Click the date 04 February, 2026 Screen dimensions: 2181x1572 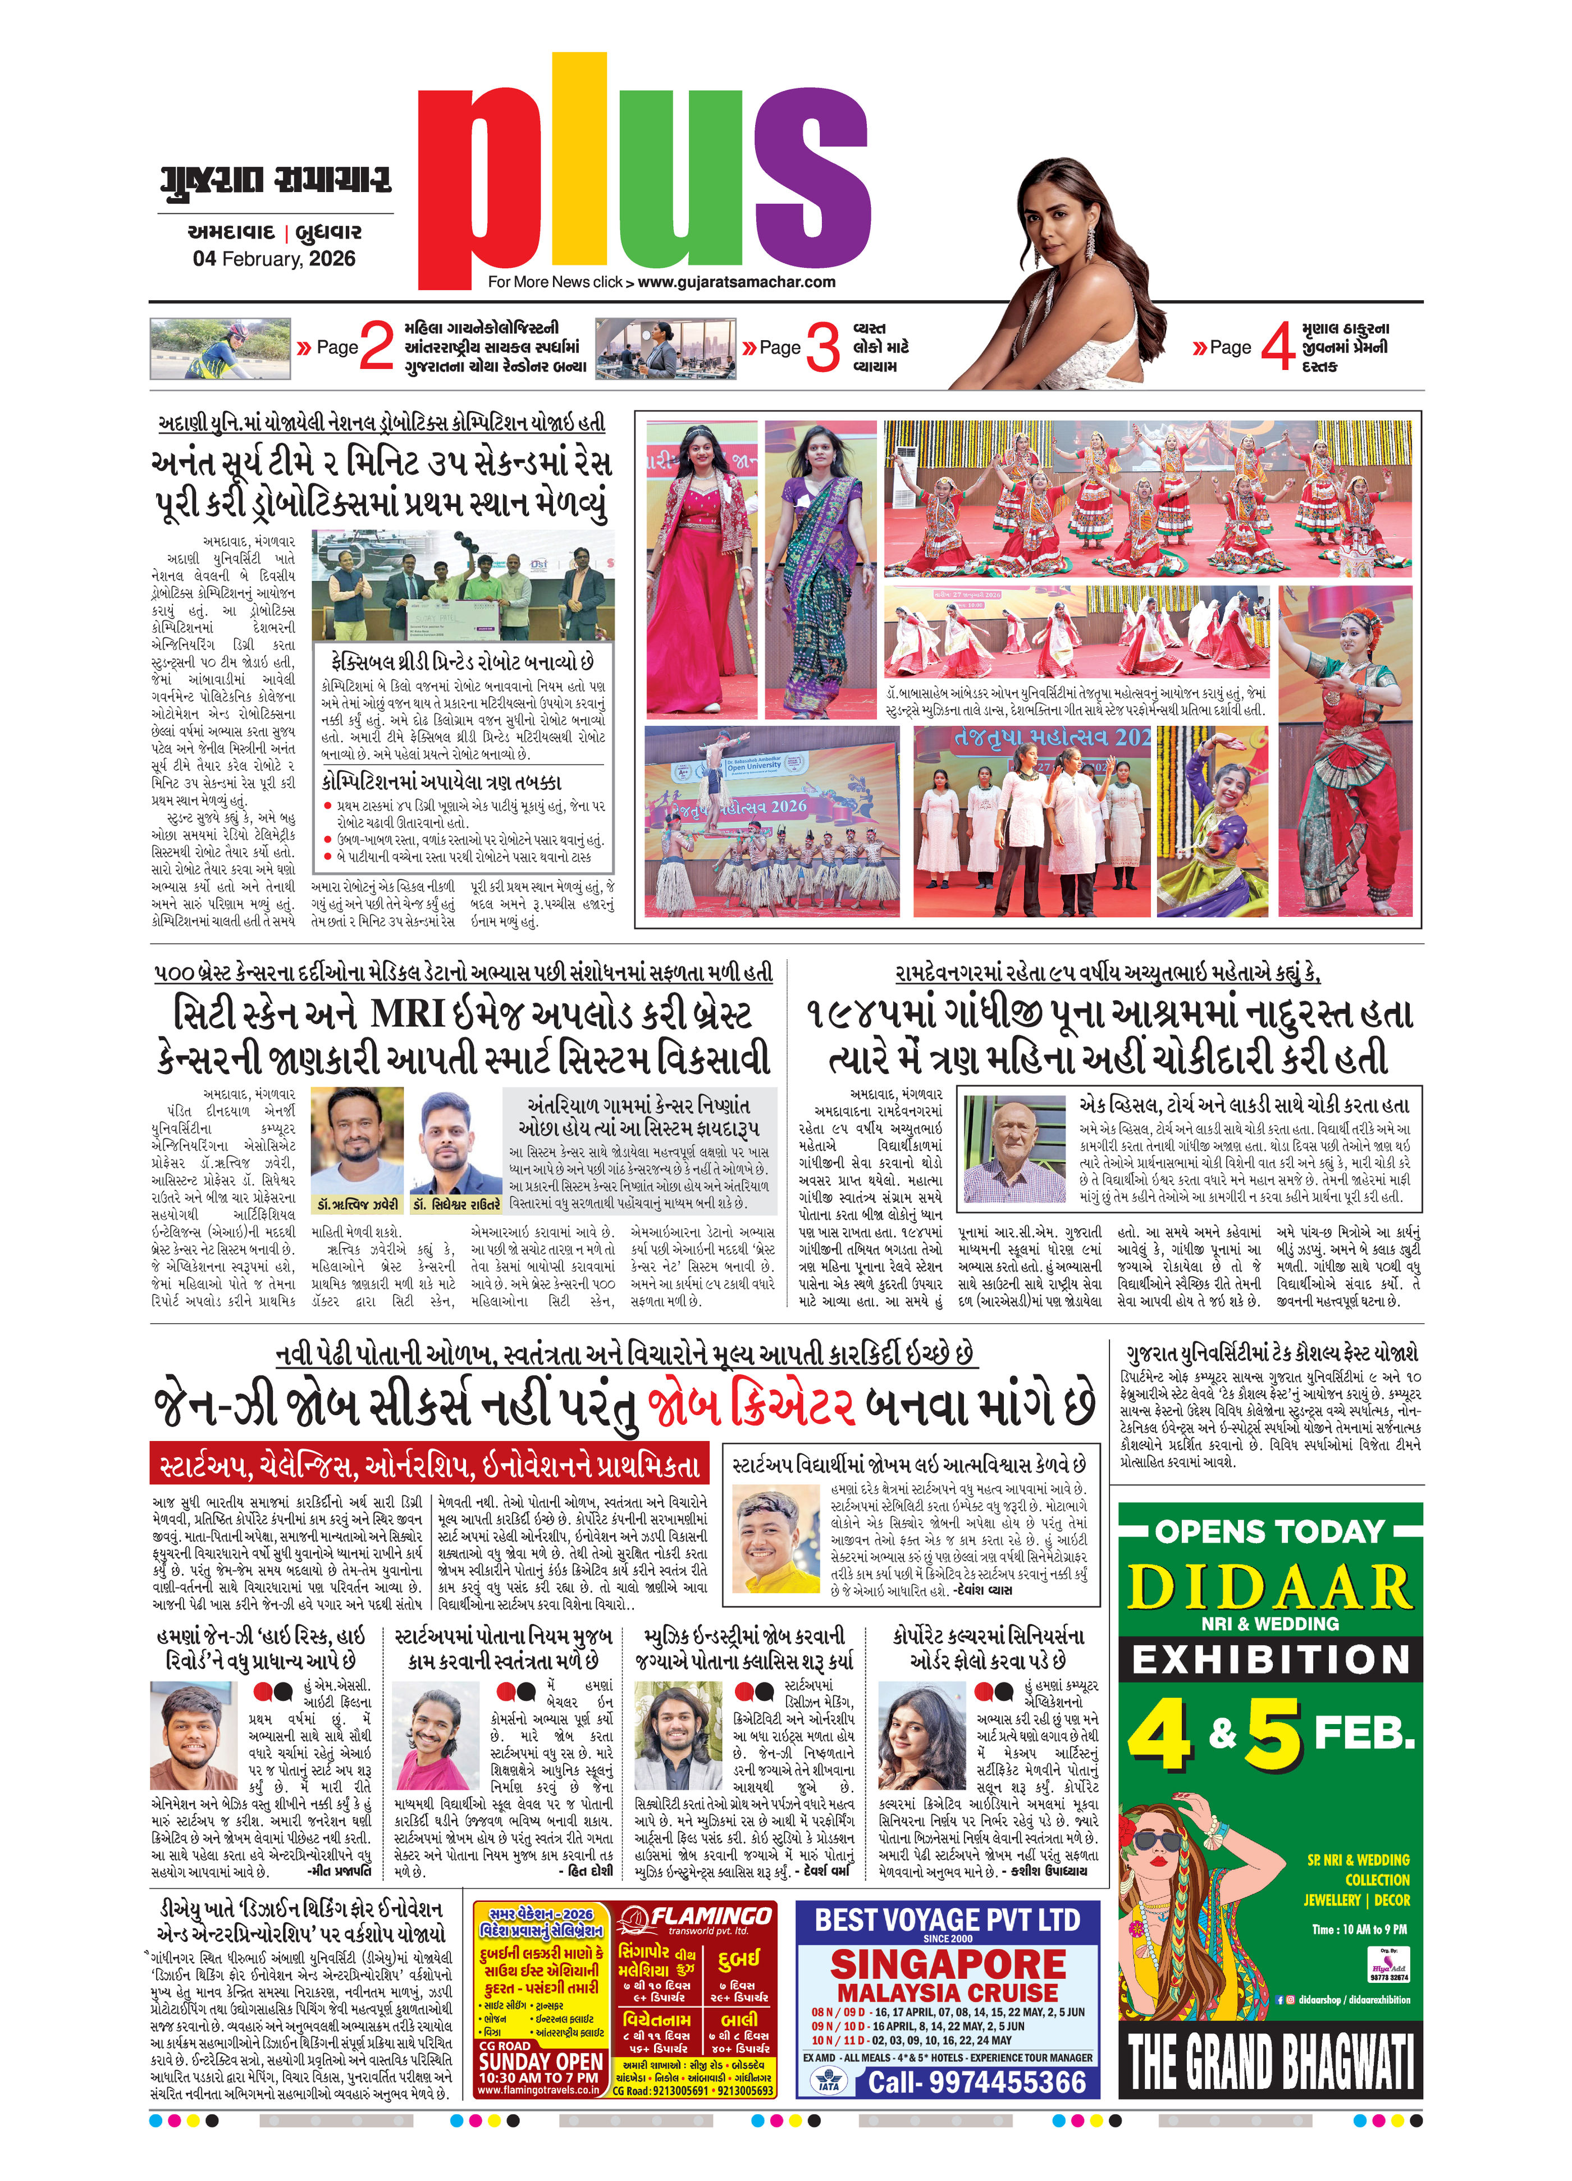pyautogui.click(x=274, y=259)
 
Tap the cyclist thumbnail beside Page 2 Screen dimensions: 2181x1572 pyautogui.click(x=220, y=349)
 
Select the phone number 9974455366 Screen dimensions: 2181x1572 pyautogui.click(x=976, y=2082)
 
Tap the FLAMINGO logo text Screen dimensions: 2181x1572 pyautogui.click(x=711, y=1917)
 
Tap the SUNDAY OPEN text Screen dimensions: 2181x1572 pyautogui.click(x=540, y=2061)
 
